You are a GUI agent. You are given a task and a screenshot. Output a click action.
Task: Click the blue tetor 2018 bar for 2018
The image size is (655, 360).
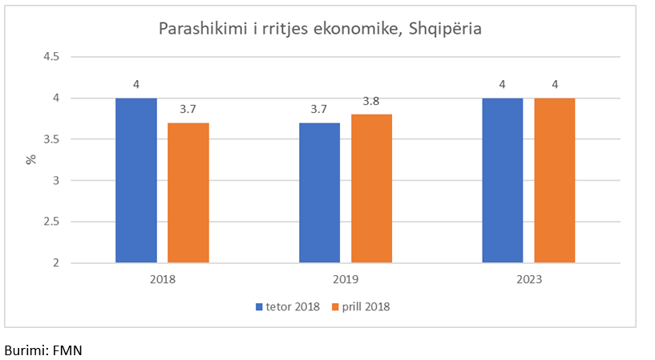(x=136, y=180)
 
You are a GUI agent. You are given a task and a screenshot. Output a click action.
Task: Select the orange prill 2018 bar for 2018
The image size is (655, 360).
(x=188, y=192)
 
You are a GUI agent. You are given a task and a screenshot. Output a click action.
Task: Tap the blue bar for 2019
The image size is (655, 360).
(x=319, y=192)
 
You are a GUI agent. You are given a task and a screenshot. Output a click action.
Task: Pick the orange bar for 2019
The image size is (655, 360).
(x=371, y=188)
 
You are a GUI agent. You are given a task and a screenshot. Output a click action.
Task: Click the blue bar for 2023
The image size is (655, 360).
(x=503, y=180)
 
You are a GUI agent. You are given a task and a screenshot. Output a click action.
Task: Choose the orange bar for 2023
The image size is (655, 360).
(x=555, y=180)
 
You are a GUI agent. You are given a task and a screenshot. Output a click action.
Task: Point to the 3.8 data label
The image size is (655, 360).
(x=371, y=102)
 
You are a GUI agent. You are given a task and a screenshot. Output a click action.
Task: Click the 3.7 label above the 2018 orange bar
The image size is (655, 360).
(x=188, y=110)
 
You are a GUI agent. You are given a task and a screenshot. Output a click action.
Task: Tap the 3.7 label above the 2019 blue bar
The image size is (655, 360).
(x=319, y=110)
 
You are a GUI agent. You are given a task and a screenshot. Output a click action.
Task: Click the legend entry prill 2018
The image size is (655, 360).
(x=365, y=306)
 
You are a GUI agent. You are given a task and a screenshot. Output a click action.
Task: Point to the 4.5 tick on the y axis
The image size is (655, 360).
(x=52, y=57)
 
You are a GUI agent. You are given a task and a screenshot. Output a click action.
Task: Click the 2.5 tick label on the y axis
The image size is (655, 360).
(x=52, y=221)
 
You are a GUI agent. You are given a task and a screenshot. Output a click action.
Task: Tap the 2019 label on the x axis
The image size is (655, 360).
(x=346, y=280)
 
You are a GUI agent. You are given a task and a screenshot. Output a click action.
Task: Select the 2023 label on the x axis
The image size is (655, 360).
(x=528, y=280)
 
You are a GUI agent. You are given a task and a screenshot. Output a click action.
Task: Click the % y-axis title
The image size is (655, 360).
(x=31, y=159)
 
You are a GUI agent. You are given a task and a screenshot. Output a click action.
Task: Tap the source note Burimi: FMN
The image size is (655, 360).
(x=43, y=350)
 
